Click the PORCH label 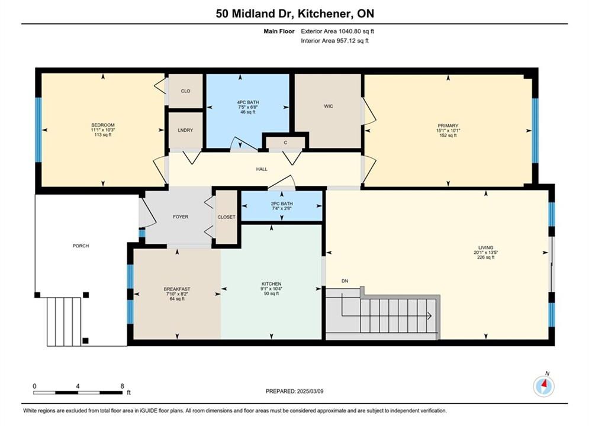click(x=81, y=246)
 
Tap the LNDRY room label click(x=185, y=130)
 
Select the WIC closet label click(x=329, y=106)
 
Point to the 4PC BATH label click(x=248, y=102)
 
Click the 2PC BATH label click(x=282, y=204)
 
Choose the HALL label click(x=262, y=169)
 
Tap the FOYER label click(x=181, y=217)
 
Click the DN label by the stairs click(x=345, y=281)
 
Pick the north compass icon click(x=544, y=385)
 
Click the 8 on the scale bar click(x=123, y=386)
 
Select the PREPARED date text click(x=295, y=391)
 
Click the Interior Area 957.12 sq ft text click(x=334, y=41)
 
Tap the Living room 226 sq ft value click(x=485, y=257)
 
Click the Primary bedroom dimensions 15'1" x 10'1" click(x=448, y=131)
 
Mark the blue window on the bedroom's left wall click(x=38, y=130)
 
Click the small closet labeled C click(x=285, y=143)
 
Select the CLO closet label click(x=185, y=91)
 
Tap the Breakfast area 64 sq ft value click(x=177, y=299)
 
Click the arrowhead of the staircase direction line click(x=430, y=316)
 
